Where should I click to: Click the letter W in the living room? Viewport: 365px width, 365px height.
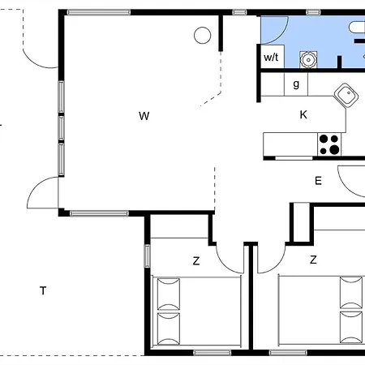pyautogui.click(x=144, y=116)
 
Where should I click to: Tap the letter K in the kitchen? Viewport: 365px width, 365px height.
pyautogui.click(x=303, y=114)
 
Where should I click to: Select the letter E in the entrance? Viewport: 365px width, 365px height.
pyautogui.click(x=318, y=181)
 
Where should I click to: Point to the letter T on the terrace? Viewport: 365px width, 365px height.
pyautogui.click(x=43, y=290)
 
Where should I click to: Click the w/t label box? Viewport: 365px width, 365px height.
pyautogui.click(x=271, y=57)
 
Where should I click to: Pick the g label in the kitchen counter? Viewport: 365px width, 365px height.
pyautogui.click(x=296, y=84)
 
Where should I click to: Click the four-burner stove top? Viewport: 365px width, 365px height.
pyautogui.click(x=329, y=144)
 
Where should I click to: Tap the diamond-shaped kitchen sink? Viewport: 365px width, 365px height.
pyautogui.click(x=346, y=96)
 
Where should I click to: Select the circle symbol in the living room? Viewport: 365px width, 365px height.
pyautogui.click(x=202, y=36)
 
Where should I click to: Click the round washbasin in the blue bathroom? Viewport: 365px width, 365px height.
pyautogui.click(x=308, y=59)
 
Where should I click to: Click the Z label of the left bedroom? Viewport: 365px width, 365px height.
pyautogui.click(x=196, y=261)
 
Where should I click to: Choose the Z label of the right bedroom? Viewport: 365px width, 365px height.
pyautogui.click(x=313, y=260)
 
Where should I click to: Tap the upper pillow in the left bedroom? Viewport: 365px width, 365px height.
pyautogui.click(x=168, y=294)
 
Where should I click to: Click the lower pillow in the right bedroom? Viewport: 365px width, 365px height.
pyautogui.click(x=351, y=328)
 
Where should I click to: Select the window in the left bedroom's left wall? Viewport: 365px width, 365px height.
pyautogui.click(x=147, y=255)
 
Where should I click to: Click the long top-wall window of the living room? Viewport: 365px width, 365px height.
pyautogui.click(x=99, y=12)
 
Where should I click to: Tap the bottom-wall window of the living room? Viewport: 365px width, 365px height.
pyautogui.click(x=99, y=213)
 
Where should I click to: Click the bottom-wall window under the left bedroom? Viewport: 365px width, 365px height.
pyautogui.click(x=213, y=353)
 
